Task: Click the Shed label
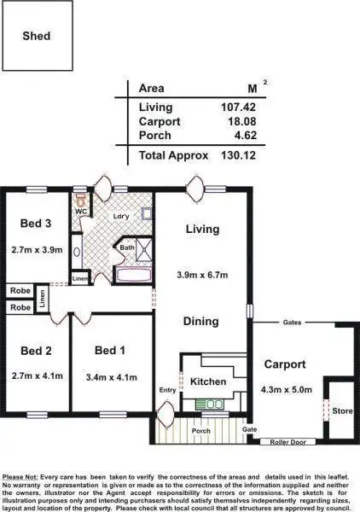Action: (36, 36)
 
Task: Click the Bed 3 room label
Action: (36, 224)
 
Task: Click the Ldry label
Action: (120, 217)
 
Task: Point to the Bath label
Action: (127, 248)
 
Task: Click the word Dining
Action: (201, 322)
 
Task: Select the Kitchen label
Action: (207, 381)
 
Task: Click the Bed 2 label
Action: (36, 351)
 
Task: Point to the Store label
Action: (341, 410)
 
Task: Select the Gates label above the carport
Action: (293, 323)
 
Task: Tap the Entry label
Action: (167, 390)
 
